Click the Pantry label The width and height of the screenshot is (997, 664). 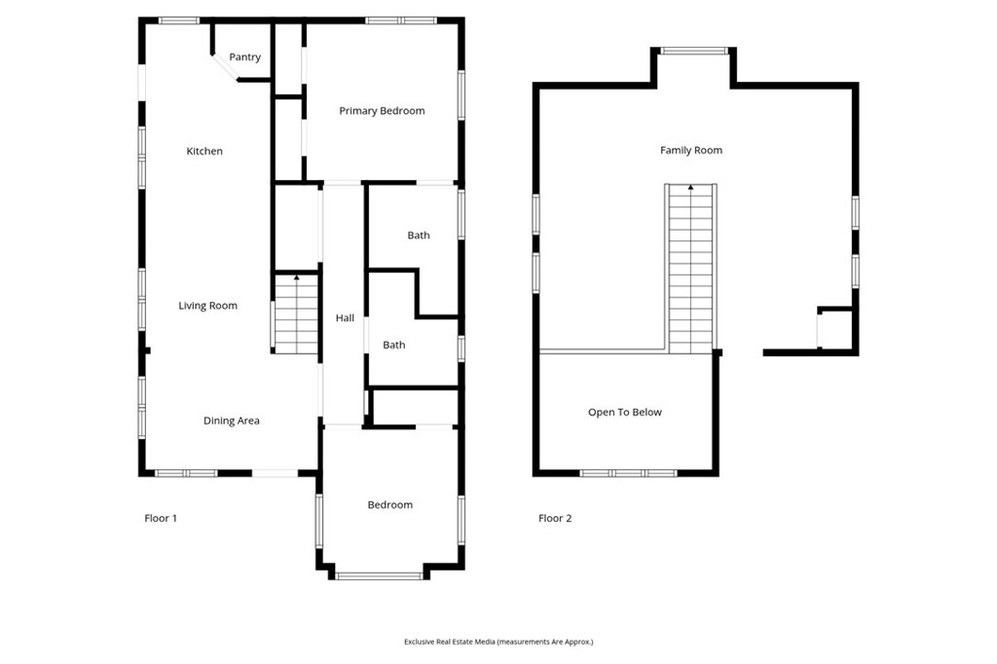coord(244,57)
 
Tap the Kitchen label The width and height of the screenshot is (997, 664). coord(204,151)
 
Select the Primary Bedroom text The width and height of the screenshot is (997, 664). coord(382,111)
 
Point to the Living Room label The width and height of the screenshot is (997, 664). coord(207,306)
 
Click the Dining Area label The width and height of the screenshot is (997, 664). coord(231,421)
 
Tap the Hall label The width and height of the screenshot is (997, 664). coord(345,317)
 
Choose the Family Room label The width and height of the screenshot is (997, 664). coord(690,150)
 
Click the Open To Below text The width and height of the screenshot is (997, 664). coord(624,412)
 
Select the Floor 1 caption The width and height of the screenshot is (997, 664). coord(161,518)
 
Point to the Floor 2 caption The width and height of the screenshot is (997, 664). coord(554,518)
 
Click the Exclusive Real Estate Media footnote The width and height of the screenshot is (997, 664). coord(498,642)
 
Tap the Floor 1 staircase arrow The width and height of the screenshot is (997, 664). coord(296,277)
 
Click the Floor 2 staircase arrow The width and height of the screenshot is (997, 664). coord(690,187)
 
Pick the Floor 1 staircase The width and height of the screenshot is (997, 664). coord(296,314)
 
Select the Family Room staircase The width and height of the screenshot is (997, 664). coord(690,269)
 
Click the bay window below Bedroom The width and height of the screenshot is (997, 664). coord(379,576)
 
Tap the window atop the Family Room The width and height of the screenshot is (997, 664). coord(693,51)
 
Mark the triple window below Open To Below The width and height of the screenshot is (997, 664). coord(628,473)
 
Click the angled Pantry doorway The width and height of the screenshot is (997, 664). coord(225,67)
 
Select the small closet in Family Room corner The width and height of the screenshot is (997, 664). coord(834,329)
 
